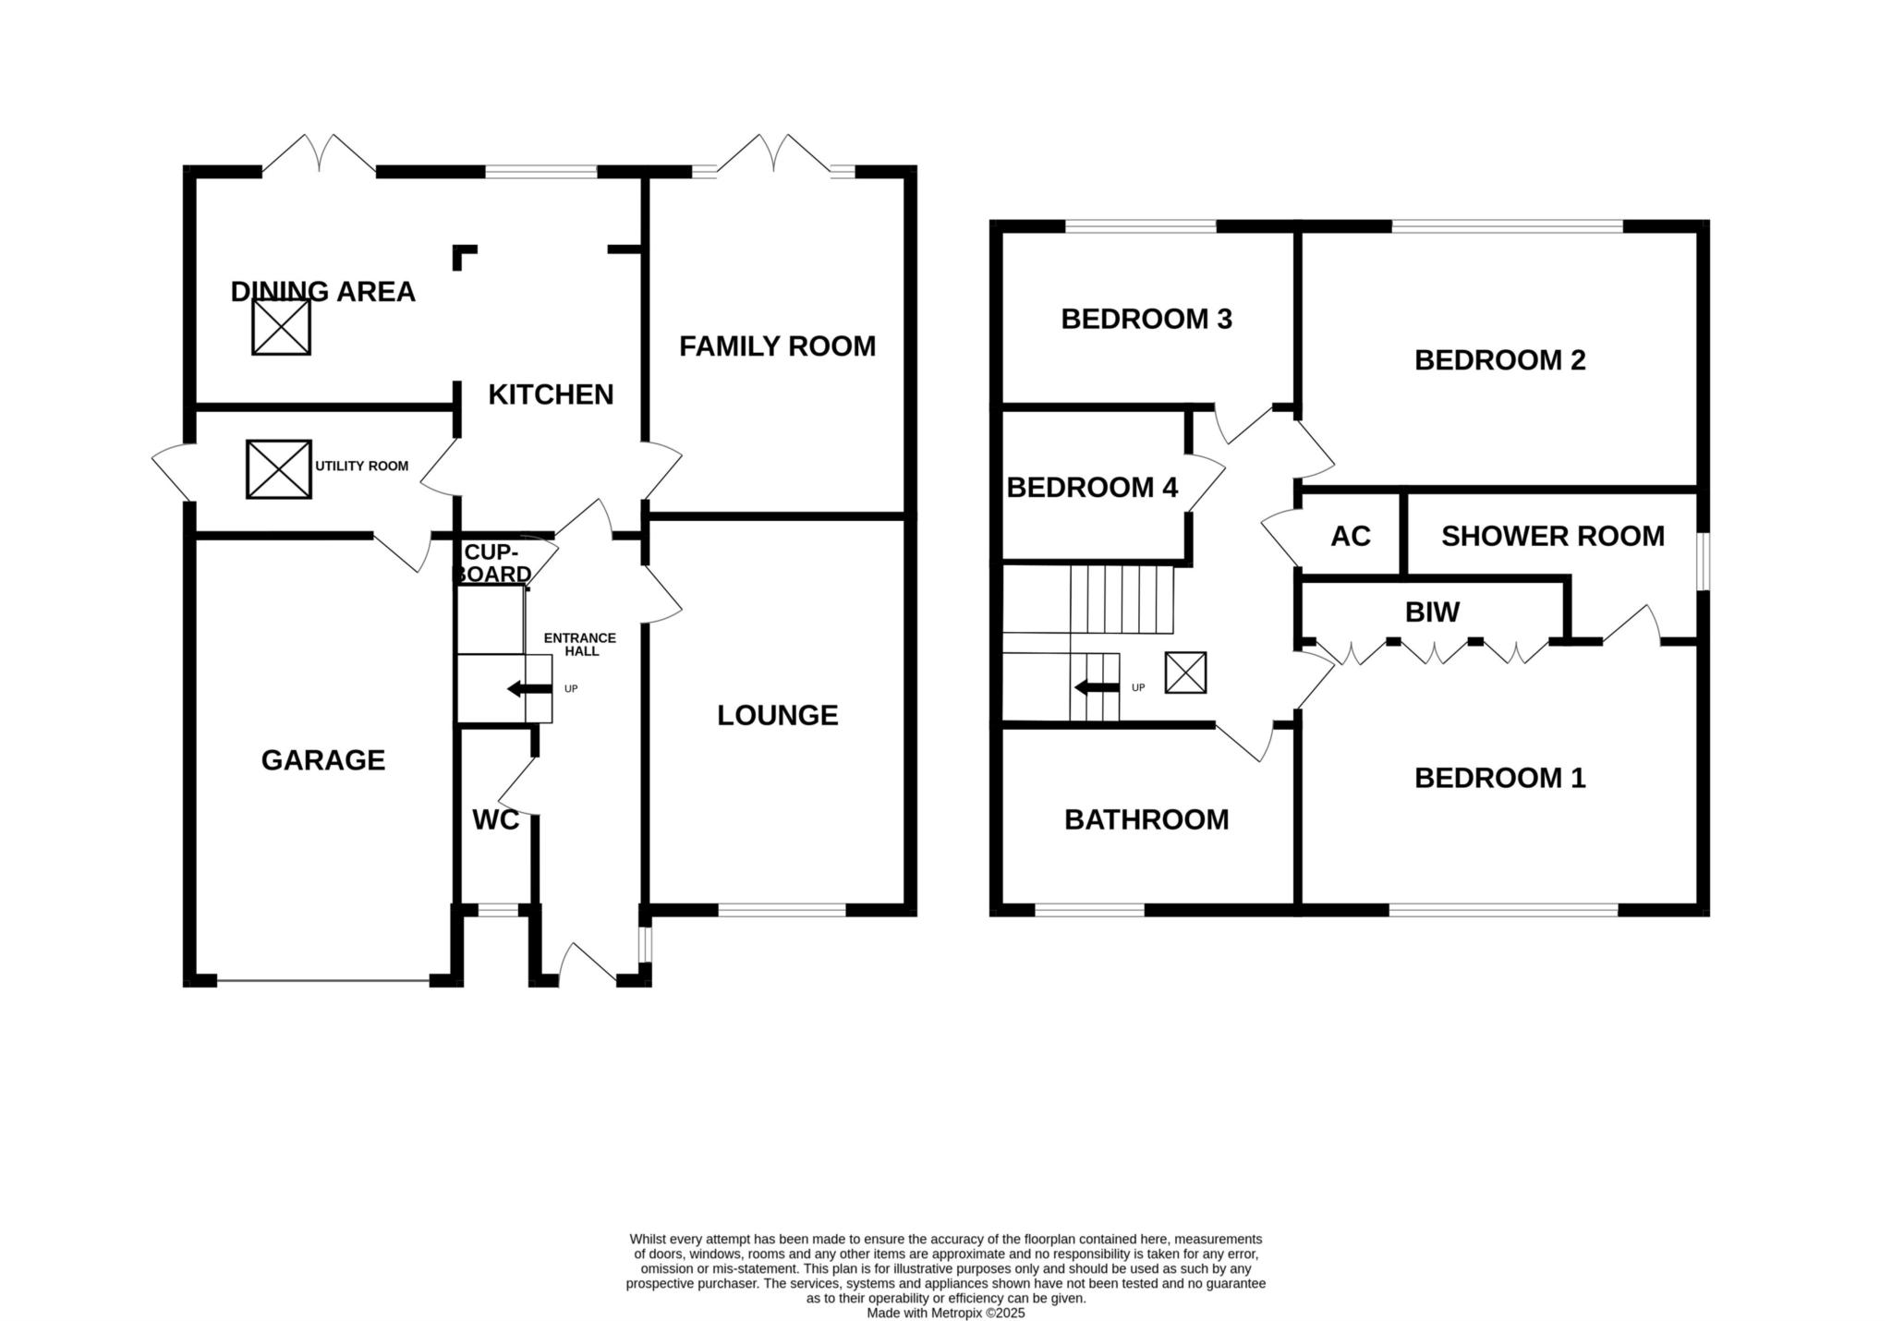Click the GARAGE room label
coord(323,760)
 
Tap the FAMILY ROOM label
coord(778,346)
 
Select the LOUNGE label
coord(778,715)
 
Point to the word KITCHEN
coord(551,394)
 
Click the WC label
coord(495,820)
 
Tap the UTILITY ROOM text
coord(362,467)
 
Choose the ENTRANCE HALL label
coord(580,645)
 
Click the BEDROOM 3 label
coord(1146,319)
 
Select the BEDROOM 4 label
coord(1092,487)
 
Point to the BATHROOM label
coord(1146,819)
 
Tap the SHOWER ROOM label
coord(1553,536)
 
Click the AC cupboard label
coord(1351,536)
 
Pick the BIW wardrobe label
coord(1432,612)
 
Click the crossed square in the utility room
coord(279,469)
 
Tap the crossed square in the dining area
coord(282,326)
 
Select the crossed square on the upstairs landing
coord(1185,673)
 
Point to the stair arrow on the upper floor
coord(1098,687)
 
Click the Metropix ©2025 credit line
coord(946,1313)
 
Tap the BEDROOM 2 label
coord(1500,360)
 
